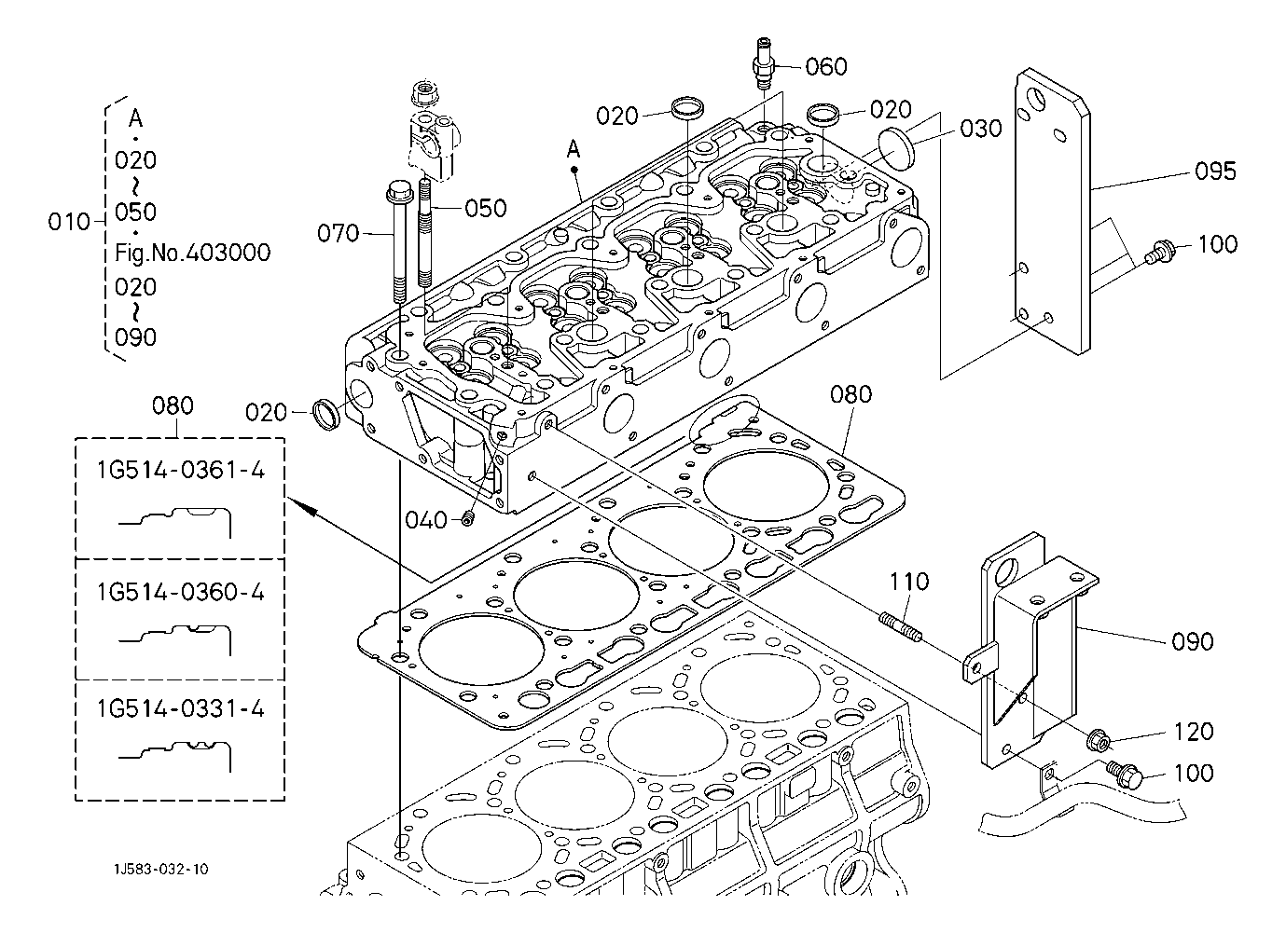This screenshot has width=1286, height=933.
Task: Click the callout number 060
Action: [x=826, y=66]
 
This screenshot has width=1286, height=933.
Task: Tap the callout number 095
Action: [x=1215, y=172]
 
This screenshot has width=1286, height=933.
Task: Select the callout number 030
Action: [x=980, y=129]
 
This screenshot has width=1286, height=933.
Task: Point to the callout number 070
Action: [x=339, y=233]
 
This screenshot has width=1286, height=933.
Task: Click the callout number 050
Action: [x=486, y=208]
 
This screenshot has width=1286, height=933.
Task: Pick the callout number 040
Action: [x=426, y=520]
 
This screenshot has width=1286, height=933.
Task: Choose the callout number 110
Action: [x=908, y=583]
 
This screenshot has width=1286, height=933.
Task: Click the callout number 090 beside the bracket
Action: [x=1193, y=641]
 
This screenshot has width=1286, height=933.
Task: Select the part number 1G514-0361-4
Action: [x=180, y=471]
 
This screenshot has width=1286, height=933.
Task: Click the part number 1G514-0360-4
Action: [x=180, y=592]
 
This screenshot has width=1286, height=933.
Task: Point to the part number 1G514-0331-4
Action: [x=180, y=709]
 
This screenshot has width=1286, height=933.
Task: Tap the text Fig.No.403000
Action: [x=193, y=253]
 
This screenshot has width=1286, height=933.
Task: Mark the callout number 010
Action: [x=69, y=222]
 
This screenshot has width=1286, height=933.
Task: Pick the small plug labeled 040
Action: [x=468, y=518]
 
